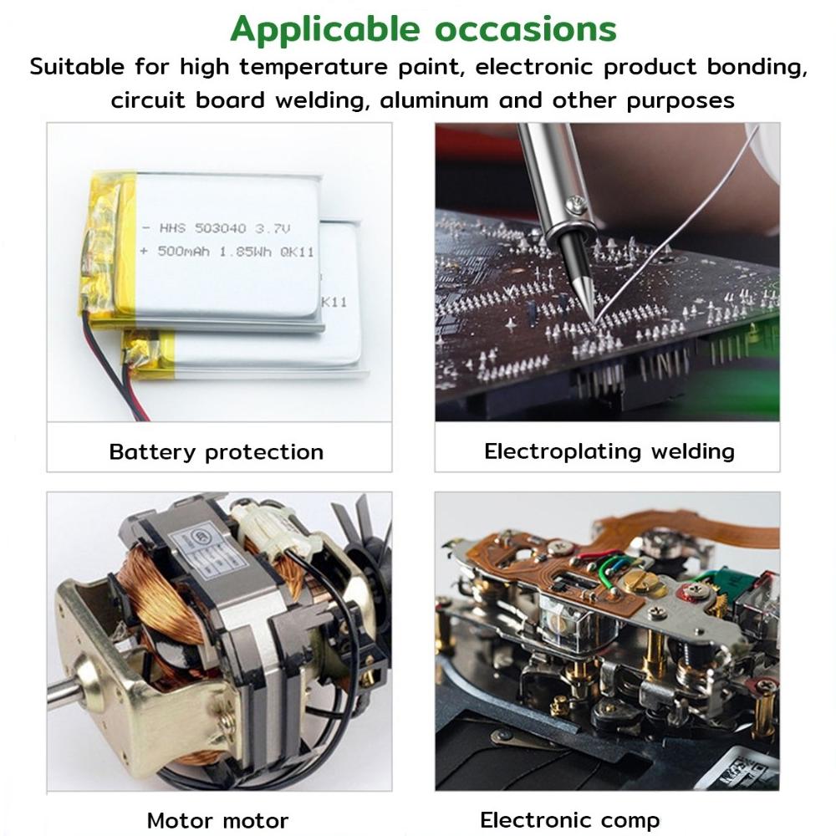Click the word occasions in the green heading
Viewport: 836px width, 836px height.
tap(526, 29)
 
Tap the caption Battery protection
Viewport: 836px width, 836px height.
tap(216, 452)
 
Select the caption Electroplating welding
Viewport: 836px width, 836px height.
tap(609, 451)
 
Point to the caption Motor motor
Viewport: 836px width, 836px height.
tap(217, 820)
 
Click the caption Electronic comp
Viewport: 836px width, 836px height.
tap(569, 819)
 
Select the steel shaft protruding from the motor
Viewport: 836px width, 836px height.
tap(62, 691)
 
